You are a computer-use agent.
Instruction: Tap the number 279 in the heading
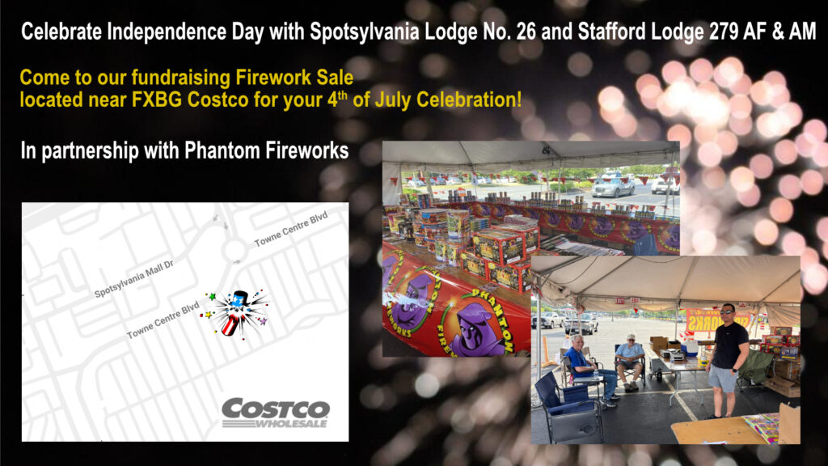coord(724,32)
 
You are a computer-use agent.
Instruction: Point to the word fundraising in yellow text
coord(180,78)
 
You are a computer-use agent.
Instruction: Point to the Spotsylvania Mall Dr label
coord(133,278)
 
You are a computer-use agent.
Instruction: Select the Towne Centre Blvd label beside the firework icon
coord(163,320)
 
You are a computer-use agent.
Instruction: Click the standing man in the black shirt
coord(729,360)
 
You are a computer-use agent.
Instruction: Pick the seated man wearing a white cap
coord(629,362)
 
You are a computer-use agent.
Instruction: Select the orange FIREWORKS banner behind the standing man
coord(718,320)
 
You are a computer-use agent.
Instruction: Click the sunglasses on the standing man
coord(726,311)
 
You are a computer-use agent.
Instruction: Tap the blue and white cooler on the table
coord(689,348)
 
